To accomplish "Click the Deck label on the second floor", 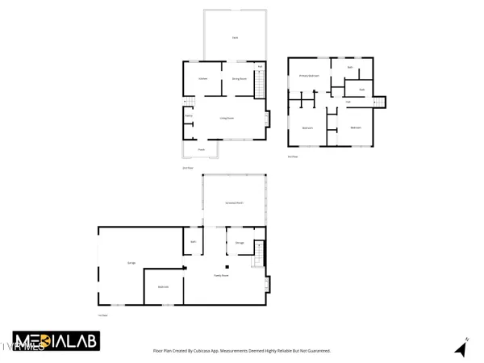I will pos(235,38).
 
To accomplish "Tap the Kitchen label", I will pos(203,79).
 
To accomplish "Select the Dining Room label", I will pos(239,79).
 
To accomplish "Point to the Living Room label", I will pos(227,118).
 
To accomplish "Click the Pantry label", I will pos(189,116).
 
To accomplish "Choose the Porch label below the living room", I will pos(202,149).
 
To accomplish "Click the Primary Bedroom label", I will pos(310,76).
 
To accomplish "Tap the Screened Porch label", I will pos(235,202).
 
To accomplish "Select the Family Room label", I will pos(222,275).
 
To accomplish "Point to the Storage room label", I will pos(240,242).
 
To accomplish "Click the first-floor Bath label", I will pos(194,242).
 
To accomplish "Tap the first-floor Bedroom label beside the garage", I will pos(162,286).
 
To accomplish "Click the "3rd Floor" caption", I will pos(293,156).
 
